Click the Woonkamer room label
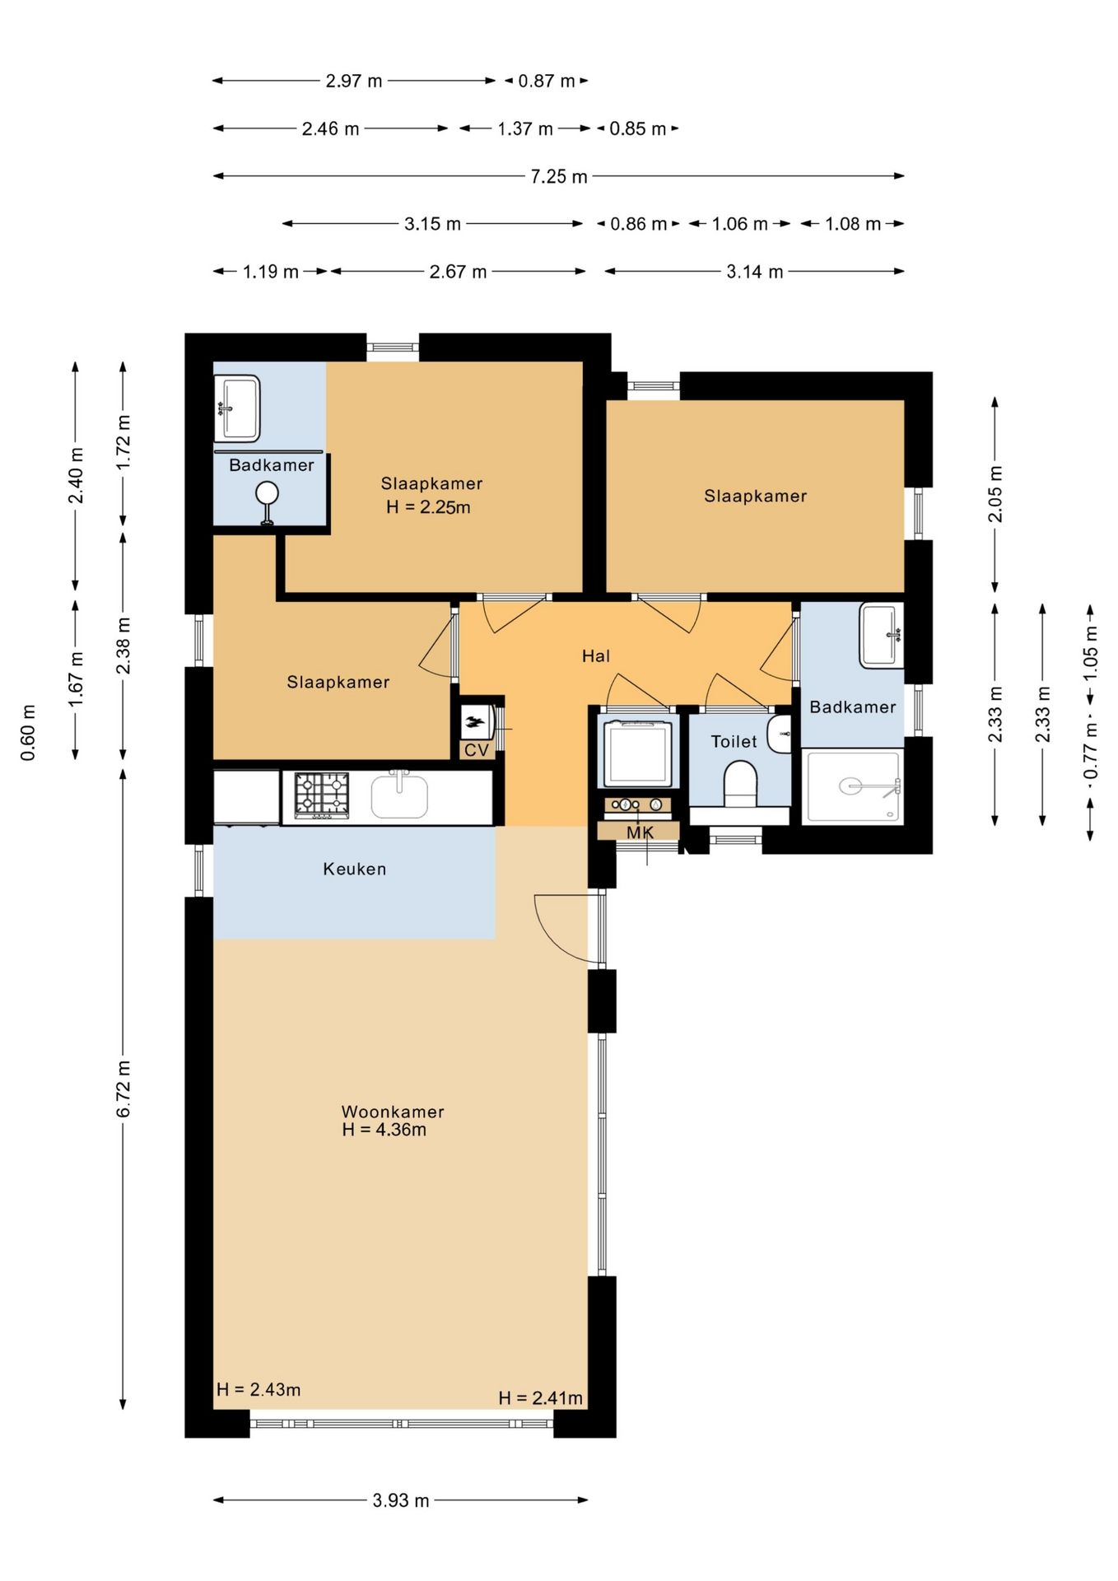[393, 1112]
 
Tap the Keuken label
[354, 869]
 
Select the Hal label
[596, 656]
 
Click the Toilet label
[734, 742]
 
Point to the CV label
[477, 750]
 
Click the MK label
[640, 832]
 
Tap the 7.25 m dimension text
[559, 176]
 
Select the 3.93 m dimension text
[401, 1500]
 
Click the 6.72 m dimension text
[123, 1089]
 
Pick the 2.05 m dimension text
[995, 494]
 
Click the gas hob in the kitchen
[322, 795]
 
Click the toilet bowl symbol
[739, 784]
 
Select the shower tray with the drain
[853, 786]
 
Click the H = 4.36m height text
[384, 1130]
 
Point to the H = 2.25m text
[428, 507]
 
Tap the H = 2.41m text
[540, 1398]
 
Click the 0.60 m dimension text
[29, 733]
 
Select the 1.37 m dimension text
[525, 128]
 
